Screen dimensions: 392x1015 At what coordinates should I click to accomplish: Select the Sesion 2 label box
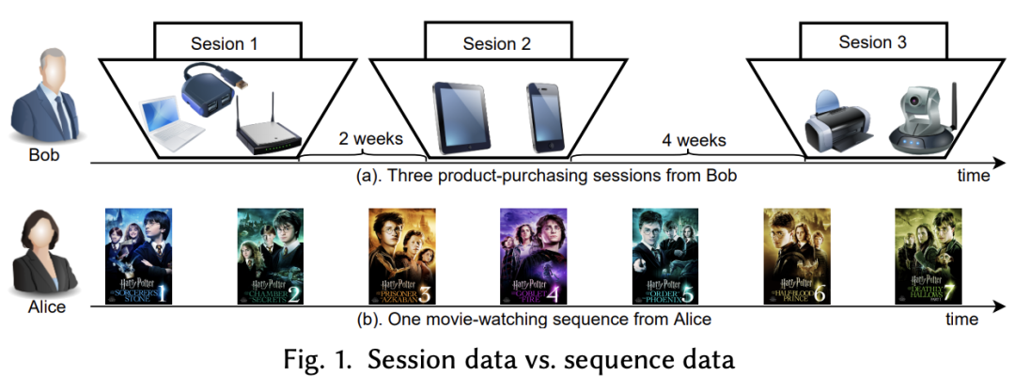pos(496,43)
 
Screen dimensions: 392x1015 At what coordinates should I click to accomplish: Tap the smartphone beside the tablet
pos(545,116)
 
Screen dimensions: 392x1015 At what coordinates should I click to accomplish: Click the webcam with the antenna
pos(920,118)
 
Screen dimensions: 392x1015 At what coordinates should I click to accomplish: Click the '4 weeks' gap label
pos(694,140)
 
